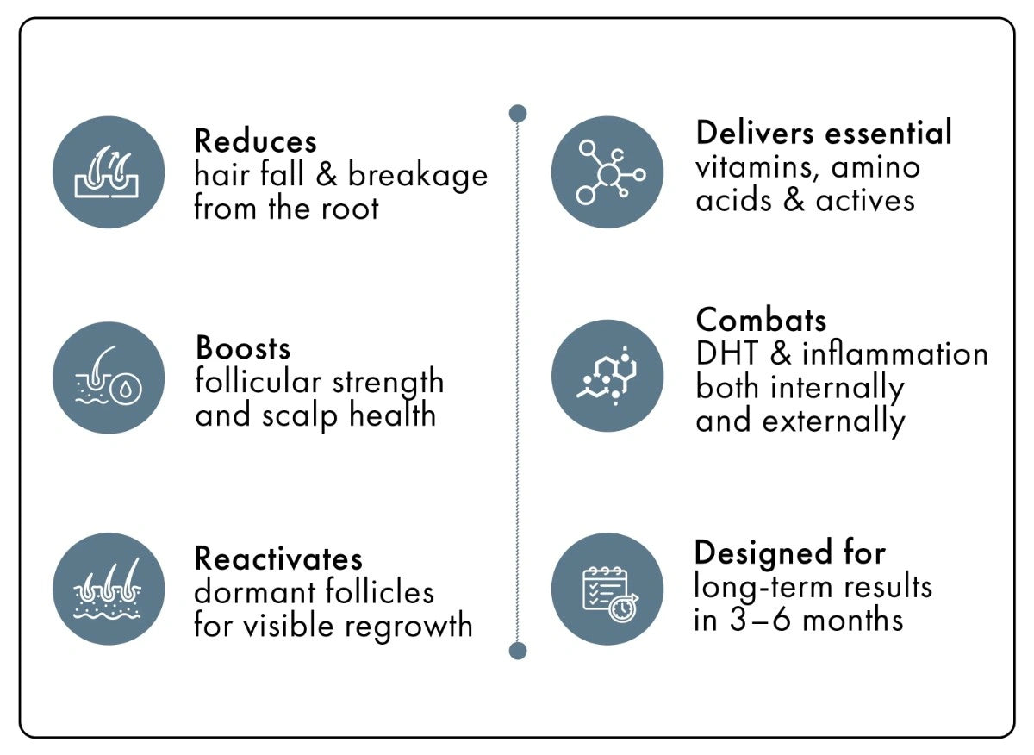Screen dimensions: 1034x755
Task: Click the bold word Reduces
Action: click(255, 140)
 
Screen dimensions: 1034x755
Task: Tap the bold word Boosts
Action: click(243, 347)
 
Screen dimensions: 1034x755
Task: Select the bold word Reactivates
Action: click(278, 558)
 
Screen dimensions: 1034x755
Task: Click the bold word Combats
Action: click(761, 320)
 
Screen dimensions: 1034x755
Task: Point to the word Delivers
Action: click(755, 132)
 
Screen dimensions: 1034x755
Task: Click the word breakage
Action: click(418, 177)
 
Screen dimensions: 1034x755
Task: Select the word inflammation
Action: click(895, 353)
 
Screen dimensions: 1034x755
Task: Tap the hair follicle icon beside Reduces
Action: click(107, 172)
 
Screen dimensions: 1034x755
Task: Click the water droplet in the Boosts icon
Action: click(126, 390)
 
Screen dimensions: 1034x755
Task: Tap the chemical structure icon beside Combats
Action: click(606, 376)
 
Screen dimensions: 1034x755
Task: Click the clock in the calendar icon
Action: click(623, 608)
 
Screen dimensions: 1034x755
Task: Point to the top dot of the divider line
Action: click(518, 114)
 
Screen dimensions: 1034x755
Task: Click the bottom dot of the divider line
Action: click(518, 651)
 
